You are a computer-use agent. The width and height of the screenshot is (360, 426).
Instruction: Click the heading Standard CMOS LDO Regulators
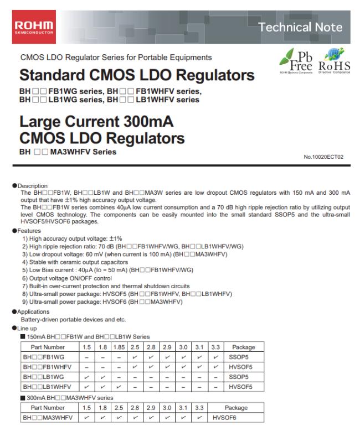[x=137, y=75]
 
